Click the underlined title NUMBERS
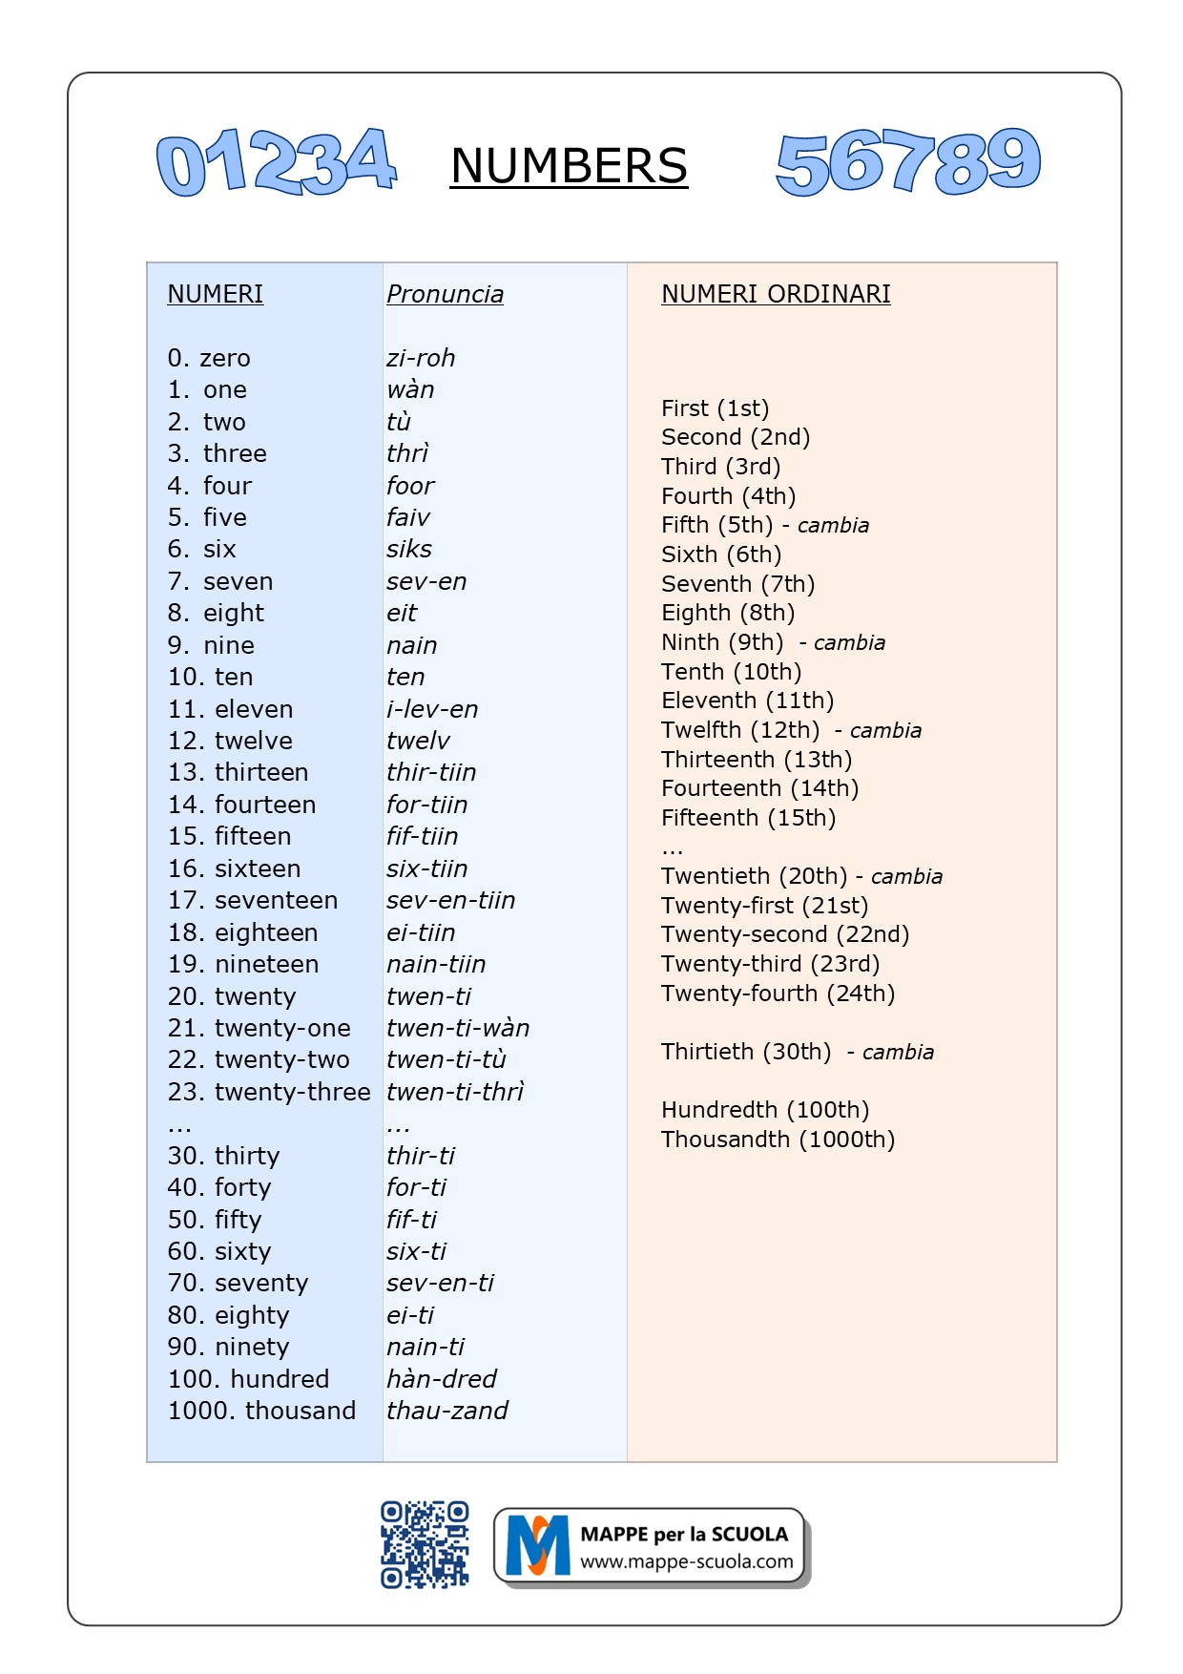pyautogui.click(x=569, y=166)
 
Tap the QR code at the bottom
pyautogui.click(x=425, y=1544)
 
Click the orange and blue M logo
pyautogui.click(x=537, y=1545)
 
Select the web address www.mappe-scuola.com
pyautogui.click(x=686, y=1562)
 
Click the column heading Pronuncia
pyautogui.click(x=445, y=294)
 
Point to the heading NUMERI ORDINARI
pyautogui.click(x=776, y=294)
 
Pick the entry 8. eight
pyautogui.click(x=217, y=613)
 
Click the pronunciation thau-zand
pyautogui.click(x=446, y=1411)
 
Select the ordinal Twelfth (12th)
pyautogui.click(x=740, y=730)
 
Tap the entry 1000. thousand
pyautogui.click(x=261, y=1411)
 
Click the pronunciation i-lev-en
pyautogui.click(x=432, y=709)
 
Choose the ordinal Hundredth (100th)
pyautogui.click(x=765, y=1110)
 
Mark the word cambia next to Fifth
pyautogui.click(x=833, y=526)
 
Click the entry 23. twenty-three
pyautogui.click(x=269, y=1092)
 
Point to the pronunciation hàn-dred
pyautogui.click(x=442, y=1379)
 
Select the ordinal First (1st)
pyautogui.click(x=715, y=408)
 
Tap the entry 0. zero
pyautogui.click(x=209, y=358)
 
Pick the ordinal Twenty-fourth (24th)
pyautogui.click(x=778, y=994)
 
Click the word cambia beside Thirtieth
pyautogui.click(x=898, y=1053)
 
